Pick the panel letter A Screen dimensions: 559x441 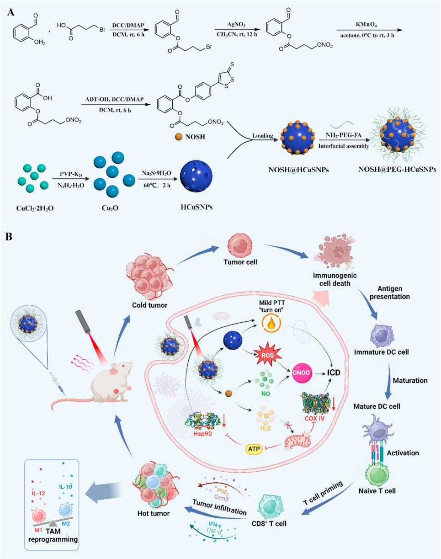coord(10,11)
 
